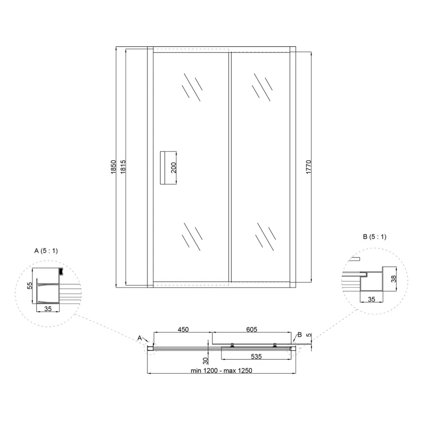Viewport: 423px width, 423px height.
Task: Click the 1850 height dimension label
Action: click(x=113, y=167)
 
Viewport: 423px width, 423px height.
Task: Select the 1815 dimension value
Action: click(x=123, y=167)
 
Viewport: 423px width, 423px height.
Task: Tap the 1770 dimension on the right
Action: click(x=309, y=167)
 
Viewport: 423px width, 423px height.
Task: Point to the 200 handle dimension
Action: click(x=173, y=168)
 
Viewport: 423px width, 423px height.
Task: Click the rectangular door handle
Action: click(x=168, y=168)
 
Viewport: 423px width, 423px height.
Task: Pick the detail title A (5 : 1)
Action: click(x=46, y=251)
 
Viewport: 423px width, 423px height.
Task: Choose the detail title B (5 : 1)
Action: click(x=375, y=237)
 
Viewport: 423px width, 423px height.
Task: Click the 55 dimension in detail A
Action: click(x=30, y=286)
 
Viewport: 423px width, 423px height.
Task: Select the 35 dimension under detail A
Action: click(x=48, y=309)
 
